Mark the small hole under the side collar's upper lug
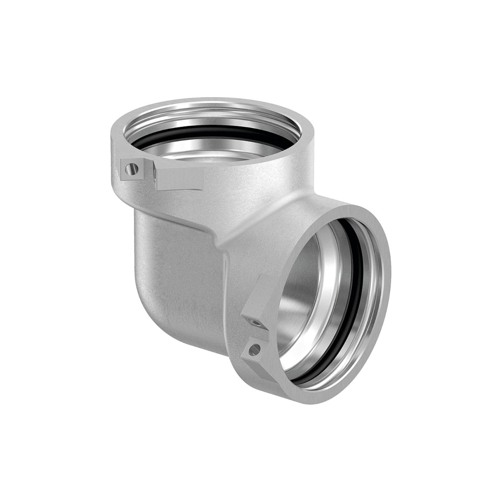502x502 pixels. click(x=254, y=321)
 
